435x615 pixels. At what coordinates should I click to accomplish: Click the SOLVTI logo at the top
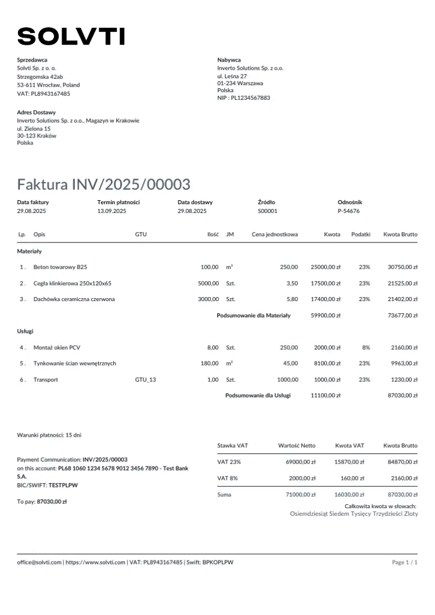click(71, 37)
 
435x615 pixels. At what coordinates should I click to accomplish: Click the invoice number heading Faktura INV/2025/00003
click(103, 184)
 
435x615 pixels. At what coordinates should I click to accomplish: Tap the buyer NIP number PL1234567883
click(250, 98)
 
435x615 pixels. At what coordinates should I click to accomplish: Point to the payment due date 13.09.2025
click(112, 211)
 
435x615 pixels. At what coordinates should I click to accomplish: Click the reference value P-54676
click(348, 211)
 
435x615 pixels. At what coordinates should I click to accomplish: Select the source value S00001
click(267, 211)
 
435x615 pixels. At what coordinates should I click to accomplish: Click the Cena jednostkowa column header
click(275, 234)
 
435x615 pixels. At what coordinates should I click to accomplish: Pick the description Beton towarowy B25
click(60, 267)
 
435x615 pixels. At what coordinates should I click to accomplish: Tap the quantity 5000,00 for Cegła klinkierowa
click(208, 283)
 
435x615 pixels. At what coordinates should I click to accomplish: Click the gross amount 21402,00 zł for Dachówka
click(402, 299)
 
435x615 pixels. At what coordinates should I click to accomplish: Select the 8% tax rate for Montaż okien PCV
click(366, 348)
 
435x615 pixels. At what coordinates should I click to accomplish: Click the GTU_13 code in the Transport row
click(145, 379)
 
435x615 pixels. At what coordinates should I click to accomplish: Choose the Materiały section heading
click(29, 251)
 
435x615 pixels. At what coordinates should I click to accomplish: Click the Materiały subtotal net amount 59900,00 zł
click(325, 316)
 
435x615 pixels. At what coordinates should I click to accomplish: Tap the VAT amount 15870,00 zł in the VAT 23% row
click(350, 462)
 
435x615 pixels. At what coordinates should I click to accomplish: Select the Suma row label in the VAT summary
click(224, 494)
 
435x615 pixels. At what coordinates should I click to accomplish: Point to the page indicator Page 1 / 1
click(405, 562)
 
